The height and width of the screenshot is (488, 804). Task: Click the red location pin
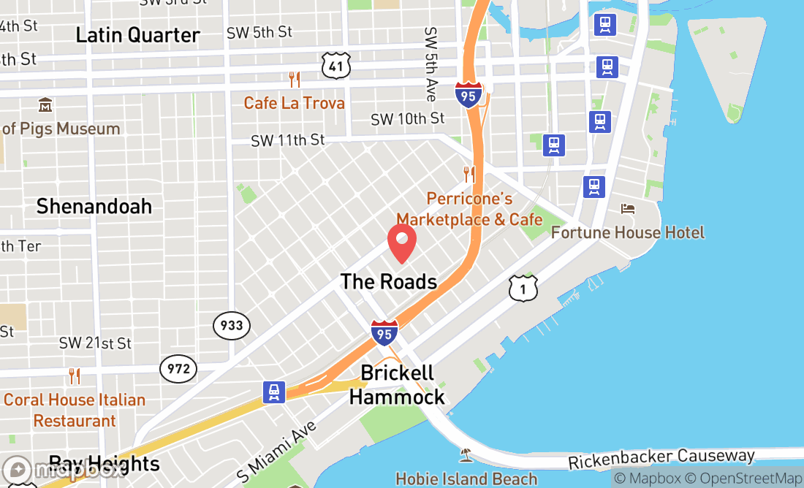click(x=402, y=243)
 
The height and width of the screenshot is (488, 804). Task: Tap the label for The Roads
click(x=389, y=282)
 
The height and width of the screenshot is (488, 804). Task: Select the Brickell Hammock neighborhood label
click(x=397, y=385)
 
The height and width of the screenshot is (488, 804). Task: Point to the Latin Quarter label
click(x=137, y=35)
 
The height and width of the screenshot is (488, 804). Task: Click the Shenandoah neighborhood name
click(x=94, y=206)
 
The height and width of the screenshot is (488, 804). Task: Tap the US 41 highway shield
click(x=335, y=66)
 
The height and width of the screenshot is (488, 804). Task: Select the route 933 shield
click(x=232, y=325)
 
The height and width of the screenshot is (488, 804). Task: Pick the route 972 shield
click(x=178, y=369)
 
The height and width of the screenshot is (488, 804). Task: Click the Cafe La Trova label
click(x=294, y=103)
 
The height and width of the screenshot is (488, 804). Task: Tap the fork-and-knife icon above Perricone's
click(x=469, y=175)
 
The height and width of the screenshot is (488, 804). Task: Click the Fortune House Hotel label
click(x=627, y=232)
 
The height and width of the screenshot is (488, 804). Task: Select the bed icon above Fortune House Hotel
click(x=628, y=209)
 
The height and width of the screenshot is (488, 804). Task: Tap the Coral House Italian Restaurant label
click(x=75, y=410)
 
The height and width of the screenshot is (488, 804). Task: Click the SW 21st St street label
click(x=95, y=343)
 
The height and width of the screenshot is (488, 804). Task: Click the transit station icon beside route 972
click(x=274, y=392)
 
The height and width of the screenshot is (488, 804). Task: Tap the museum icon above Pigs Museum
click(x=45, y=106)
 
